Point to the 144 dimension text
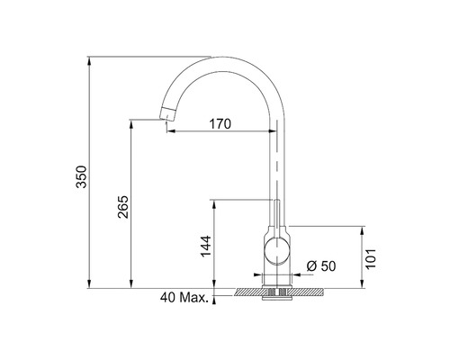tap(204, 245)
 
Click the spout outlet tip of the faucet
tap(166, 114)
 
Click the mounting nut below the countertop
tap(277, 294)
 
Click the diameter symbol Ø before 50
tap(309, 265)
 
